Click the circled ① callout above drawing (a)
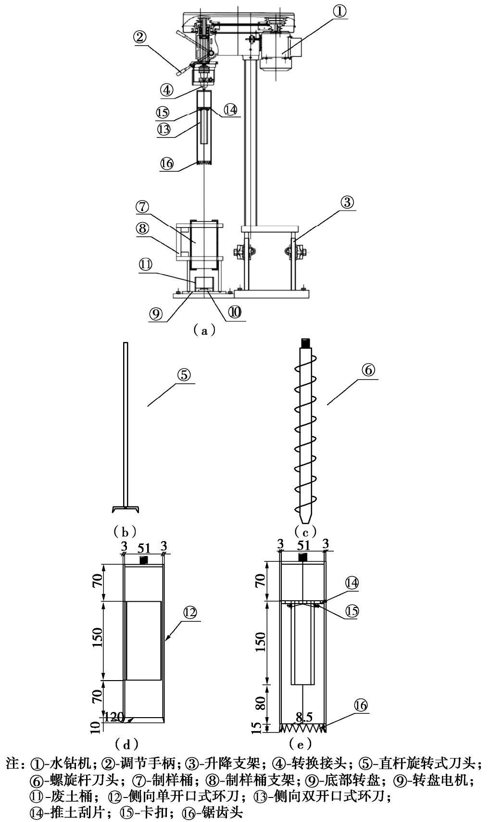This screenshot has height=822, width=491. [340, 12]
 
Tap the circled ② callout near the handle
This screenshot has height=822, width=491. [140, 38]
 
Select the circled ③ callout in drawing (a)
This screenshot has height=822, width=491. [347, 202]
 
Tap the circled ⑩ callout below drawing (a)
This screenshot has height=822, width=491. [235, 312]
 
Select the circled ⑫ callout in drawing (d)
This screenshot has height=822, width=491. [190, 612]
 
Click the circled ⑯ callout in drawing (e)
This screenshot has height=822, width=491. [361, 705]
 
